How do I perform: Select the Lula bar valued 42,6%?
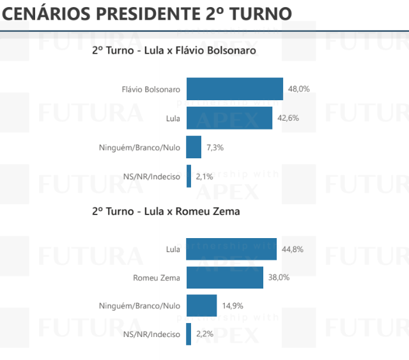(229, 118)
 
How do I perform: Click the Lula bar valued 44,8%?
(231, 249)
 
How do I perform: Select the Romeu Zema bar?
(224, 278)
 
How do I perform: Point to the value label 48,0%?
(298, 89)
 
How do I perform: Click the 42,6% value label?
(288, 118)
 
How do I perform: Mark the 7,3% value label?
(215, 147)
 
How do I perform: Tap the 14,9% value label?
(233, 306)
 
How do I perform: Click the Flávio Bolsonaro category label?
(151, 89)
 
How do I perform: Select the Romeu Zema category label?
(157, 278)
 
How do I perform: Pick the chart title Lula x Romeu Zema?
(166, 211)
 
